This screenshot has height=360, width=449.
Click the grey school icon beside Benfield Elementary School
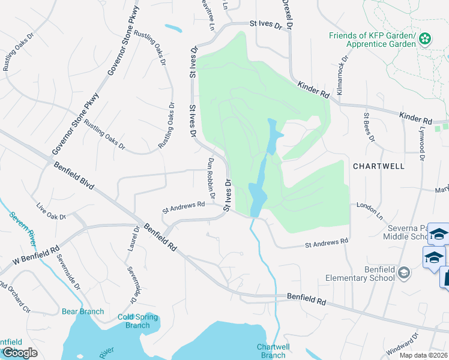click(x=405, y=274)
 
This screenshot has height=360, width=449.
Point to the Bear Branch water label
click(x=83, y=311)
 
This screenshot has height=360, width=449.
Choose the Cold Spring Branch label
click(x=137, y=321)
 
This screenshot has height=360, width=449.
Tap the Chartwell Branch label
click(x=274, y=351)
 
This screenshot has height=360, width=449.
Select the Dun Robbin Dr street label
click(x=211, y=179)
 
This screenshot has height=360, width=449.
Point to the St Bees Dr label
click(x=369, y=127)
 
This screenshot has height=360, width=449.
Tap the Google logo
click(x=20, y=353)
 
